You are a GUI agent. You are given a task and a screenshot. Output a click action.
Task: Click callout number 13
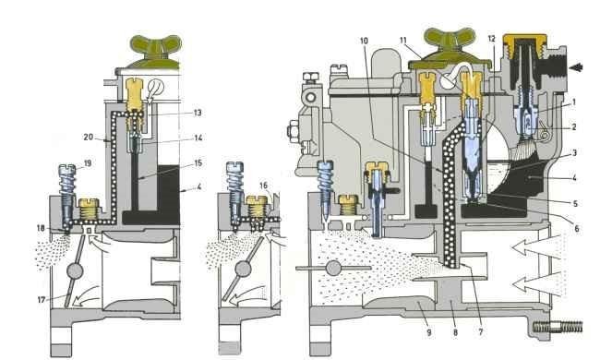[198, 113]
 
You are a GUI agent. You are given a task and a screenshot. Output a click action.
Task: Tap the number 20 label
[89, 137]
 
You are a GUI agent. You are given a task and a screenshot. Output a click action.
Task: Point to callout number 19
[88, 163]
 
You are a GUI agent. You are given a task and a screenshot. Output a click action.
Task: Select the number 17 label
[42, 300]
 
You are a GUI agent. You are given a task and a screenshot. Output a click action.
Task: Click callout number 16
[264, 186]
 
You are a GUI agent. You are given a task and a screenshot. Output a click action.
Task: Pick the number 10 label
[364, 41]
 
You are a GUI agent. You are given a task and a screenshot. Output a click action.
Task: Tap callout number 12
[492, 39]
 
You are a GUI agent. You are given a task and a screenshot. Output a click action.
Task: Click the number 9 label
[429, 332]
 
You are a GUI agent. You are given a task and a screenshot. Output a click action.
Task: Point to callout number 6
[577, 229]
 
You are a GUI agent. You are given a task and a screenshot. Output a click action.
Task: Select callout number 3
[574, 152]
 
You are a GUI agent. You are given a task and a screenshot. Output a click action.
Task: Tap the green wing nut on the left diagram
[156, 52]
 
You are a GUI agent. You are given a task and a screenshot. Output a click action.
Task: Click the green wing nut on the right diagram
[450, 48]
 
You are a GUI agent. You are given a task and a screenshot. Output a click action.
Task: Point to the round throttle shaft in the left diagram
[75, 270]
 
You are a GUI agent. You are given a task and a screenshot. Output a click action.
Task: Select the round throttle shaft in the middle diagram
[244, 270]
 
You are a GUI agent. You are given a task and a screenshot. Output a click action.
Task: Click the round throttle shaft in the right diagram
[333, 269]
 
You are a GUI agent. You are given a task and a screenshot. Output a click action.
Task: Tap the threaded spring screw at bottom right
[558, 327]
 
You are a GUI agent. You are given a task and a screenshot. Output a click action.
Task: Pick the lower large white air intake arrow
[537, 283]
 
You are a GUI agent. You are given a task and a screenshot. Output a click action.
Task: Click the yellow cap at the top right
[524, 42]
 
